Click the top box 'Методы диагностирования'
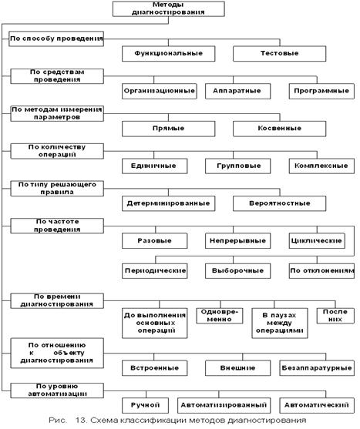tap(169, 8)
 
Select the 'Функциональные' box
tap(168, 54)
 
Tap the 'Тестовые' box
tap(280, 54)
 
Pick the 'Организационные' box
tap(160, 91)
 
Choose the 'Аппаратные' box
tap(238, 91)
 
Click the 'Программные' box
tap(321, 91)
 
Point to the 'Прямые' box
tap(168, 129)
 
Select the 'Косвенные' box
tap(280, 129)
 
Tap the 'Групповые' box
tap(238, 166)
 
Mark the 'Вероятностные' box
tap(280, 203)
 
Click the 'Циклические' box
tap(317, 241)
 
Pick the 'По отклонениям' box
tap(321, 271)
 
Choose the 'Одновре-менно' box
tap(220, 316)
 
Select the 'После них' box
tap(335, 316)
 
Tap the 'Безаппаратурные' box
tap(317, 368)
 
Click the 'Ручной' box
tap(145, 405)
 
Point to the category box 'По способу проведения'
tap(56, 39)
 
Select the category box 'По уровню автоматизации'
tap(57, 390)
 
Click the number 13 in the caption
tap(80, 421)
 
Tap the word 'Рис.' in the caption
tap(58, 421)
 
